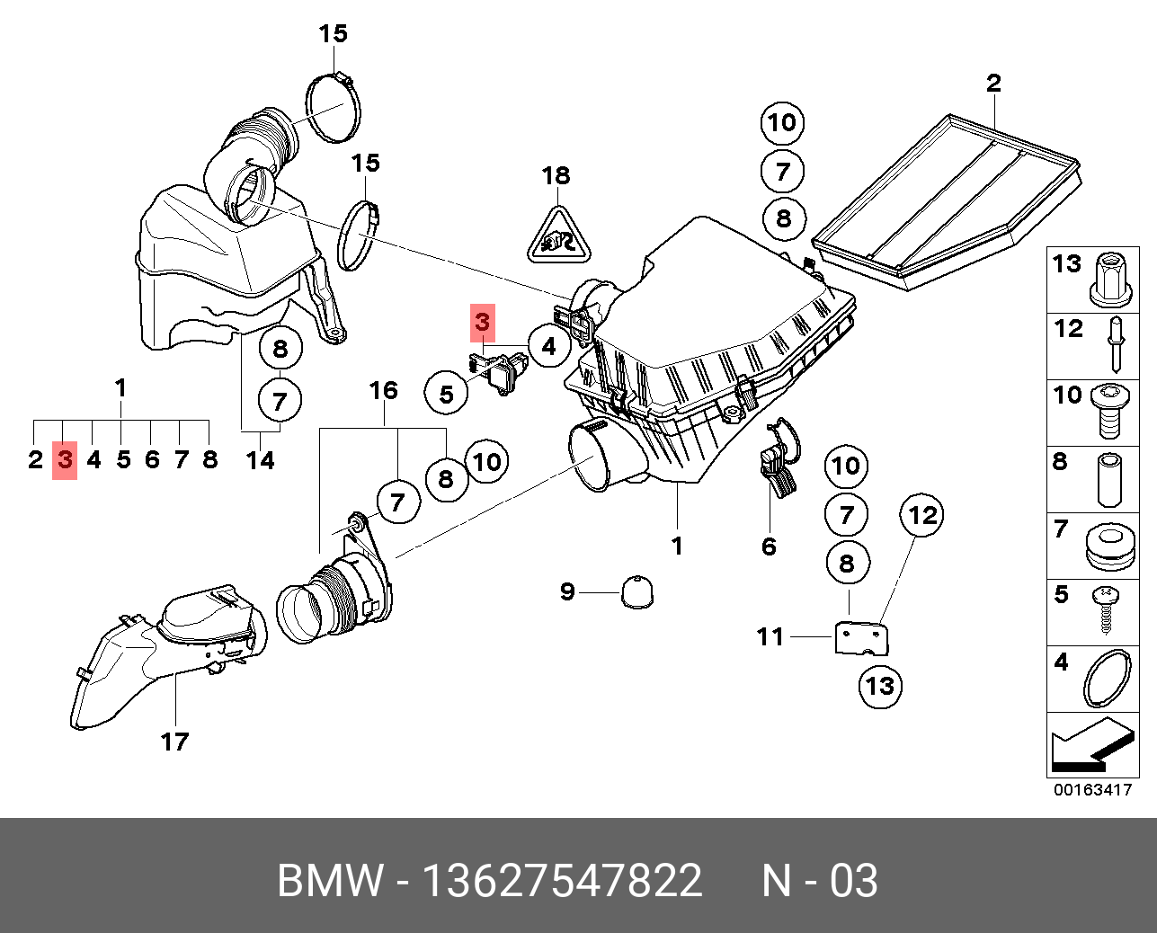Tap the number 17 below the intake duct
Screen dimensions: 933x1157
coord(174,742)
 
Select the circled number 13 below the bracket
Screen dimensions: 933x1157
coord(879,686)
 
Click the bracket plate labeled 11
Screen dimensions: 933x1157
coord(863,637)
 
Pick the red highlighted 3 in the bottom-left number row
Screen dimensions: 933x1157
coord(65,460)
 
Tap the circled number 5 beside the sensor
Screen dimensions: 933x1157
coord(447,393)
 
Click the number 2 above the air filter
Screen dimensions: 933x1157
coord(993,84)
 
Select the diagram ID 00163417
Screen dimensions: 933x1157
coord(1092,791)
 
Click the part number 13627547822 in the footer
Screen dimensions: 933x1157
coord(562,880)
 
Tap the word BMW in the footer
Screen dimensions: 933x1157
coord(329,880)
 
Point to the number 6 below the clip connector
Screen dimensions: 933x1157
coord(769,546)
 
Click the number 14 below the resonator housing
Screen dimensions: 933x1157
coord(261,460)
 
